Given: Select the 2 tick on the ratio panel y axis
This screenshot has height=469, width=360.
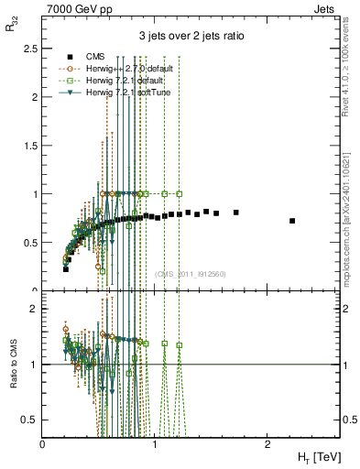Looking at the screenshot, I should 35,309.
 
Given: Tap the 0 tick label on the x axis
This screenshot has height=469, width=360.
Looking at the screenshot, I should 43,443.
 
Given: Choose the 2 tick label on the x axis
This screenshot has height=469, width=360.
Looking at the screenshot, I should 267,443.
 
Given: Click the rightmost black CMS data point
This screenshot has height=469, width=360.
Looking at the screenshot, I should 292,221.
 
